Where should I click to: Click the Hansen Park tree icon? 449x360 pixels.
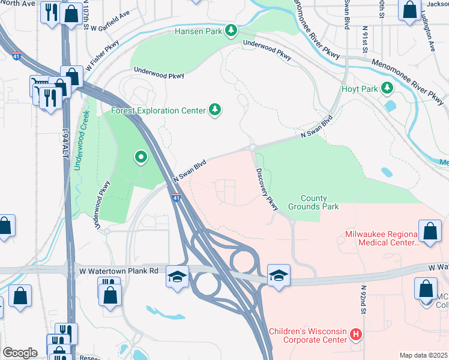pos(231,31)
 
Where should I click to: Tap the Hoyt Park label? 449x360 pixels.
pos(360,89)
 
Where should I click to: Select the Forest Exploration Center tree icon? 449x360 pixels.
pos(215,110)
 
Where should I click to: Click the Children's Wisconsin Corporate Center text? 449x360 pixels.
pos(308,335)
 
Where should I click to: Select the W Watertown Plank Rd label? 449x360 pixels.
pos(119,271)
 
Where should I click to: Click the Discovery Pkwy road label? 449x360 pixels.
pos(267,189)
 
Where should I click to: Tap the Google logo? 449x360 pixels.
pos(20,352)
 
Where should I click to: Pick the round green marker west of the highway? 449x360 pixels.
pos(141,158)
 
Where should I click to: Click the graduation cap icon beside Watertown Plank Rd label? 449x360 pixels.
pos(178,277)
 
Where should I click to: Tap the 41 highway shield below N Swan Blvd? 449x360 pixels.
pos(175,197)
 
